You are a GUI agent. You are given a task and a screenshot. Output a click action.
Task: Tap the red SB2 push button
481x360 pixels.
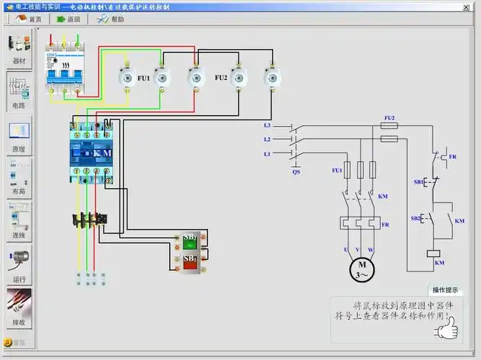pos(190,261)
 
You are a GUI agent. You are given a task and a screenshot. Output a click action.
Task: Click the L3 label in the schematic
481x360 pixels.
pos(266,125)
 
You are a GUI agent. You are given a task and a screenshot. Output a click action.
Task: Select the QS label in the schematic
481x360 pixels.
pos(295,172)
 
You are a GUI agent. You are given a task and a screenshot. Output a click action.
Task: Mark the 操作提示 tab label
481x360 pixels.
pos(444,290)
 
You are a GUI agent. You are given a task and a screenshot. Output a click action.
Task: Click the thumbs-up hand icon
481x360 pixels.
pos(446,328)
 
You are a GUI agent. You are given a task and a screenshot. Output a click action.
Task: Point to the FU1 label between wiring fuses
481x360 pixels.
pos(143,78)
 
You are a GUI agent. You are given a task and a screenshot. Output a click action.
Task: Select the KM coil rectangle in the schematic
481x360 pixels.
pos(433,253)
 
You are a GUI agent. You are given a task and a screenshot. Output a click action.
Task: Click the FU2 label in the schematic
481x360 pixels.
pos(389,117)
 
